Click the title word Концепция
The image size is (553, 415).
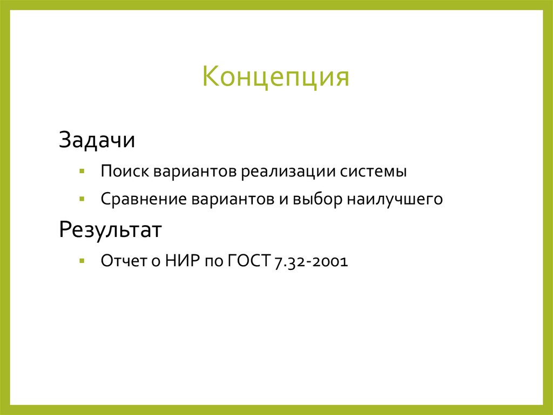tap(276, 76)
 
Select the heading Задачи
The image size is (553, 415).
tap(97, 141)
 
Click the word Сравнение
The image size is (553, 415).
tap(143, 199)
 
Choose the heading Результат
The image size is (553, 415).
tap(110, 230)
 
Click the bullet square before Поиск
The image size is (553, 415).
tap(81, 171)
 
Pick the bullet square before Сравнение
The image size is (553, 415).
tap(81, 199)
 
